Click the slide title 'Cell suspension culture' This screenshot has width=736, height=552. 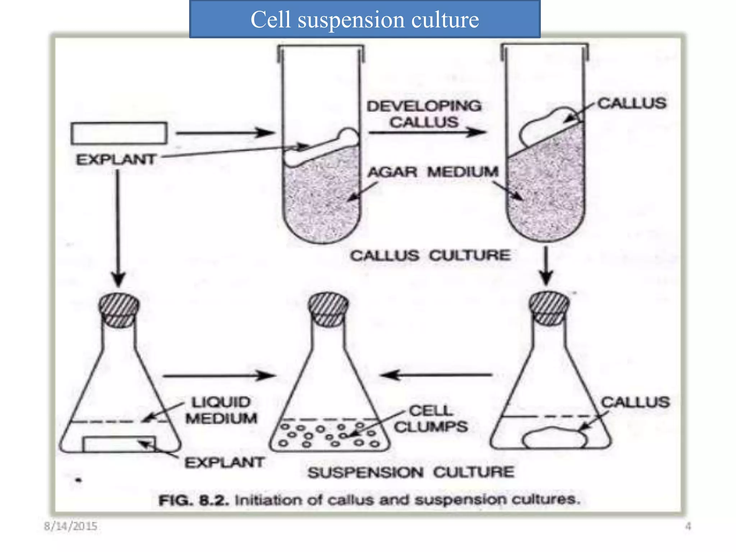364,19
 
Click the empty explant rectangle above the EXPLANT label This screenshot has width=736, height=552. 119,133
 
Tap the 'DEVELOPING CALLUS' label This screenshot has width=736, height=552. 424,114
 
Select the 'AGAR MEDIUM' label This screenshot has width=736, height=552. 433,172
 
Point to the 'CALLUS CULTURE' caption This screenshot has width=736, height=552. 430,256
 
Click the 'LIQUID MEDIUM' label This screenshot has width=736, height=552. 221,410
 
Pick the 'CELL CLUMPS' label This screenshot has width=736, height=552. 431,419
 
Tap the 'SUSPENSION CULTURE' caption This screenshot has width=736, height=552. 411,472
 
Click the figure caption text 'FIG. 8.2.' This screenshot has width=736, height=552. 194,500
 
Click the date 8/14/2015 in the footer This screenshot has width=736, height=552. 70,526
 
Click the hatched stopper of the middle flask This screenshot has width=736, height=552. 328,309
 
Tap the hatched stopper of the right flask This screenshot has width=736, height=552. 549,308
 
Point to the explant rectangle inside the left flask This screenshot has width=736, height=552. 119,444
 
